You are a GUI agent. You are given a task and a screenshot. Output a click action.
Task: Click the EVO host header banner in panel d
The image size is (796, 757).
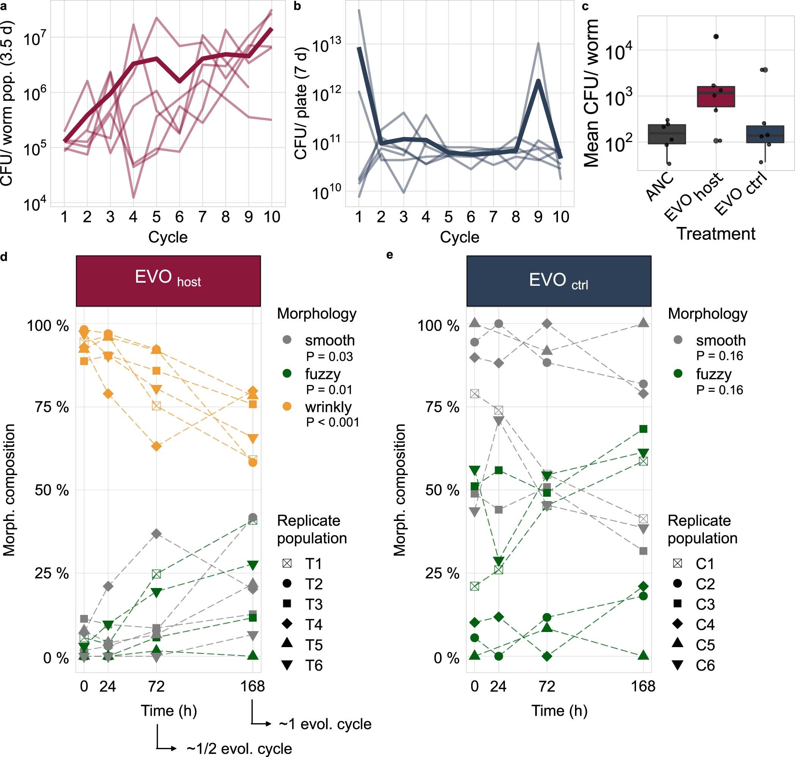click(168, 280)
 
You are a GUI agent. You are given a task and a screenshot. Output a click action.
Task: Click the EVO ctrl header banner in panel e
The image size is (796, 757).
click(559, 280)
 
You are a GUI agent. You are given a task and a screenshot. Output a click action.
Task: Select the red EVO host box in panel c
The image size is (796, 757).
click(716, 97)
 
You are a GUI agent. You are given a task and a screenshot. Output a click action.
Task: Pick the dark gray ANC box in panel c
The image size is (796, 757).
click(666, 134)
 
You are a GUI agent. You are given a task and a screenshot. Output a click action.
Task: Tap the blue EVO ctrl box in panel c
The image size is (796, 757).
click(765, 135)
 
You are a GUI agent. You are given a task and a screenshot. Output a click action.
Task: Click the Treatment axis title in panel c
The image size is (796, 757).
click(716, 234)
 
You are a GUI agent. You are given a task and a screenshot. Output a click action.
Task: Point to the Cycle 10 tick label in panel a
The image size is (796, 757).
click(272, 217)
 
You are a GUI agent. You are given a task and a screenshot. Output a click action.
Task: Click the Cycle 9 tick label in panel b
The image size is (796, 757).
click(538, 217)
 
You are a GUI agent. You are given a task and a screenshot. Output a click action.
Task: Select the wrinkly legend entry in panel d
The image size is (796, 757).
click(328, 407)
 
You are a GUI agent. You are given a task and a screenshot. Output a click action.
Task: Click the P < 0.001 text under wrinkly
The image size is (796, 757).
click(332, 422)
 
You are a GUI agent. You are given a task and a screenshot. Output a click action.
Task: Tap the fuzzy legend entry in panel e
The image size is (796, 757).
click(713, 374)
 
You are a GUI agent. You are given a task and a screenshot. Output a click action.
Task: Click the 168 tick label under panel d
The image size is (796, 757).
click(252, 686)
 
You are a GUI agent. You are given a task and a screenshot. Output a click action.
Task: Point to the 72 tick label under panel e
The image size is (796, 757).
click(547, 686)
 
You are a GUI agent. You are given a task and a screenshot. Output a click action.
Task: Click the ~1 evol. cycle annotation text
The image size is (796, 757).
click(325, 724)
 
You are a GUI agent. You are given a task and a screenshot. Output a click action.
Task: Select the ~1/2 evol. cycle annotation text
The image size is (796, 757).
click(239, 749)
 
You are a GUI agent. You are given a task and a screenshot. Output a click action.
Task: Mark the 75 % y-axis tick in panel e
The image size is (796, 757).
click(442, 407)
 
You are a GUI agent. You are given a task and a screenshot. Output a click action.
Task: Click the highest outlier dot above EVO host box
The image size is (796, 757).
click(716, 36)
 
